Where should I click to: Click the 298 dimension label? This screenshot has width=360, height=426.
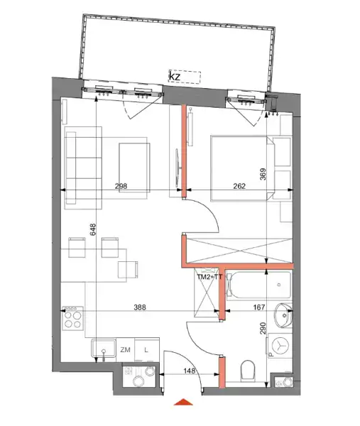point(121,186)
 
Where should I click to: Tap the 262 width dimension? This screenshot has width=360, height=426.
point(239,186)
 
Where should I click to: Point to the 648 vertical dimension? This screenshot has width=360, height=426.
point(93,229)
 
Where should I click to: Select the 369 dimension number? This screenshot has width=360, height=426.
point(263,175)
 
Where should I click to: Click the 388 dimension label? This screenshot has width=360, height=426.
point(140,307)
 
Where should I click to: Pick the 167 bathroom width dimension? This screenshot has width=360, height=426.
point(259,307)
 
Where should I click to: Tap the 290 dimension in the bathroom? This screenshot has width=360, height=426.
point(263,328)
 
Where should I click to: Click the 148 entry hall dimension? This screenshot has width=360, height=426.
point(190,371)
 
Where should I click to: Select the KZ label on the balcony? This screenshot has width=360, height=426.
point(175,77)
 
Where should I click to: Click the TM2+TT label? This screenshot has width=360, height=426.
point(209,277)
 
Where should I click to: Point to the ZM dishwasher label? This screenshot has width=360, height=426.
point(125,350)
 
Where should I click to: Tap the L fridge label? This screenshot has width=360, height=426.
point(146,350)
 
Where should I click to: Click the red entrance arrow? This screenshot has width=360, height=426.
point(183,402)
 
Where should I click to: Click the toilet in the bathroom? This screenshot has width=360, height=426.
point(248,371)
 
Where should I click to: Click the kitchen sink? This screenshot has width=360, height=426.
point(104,349)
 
